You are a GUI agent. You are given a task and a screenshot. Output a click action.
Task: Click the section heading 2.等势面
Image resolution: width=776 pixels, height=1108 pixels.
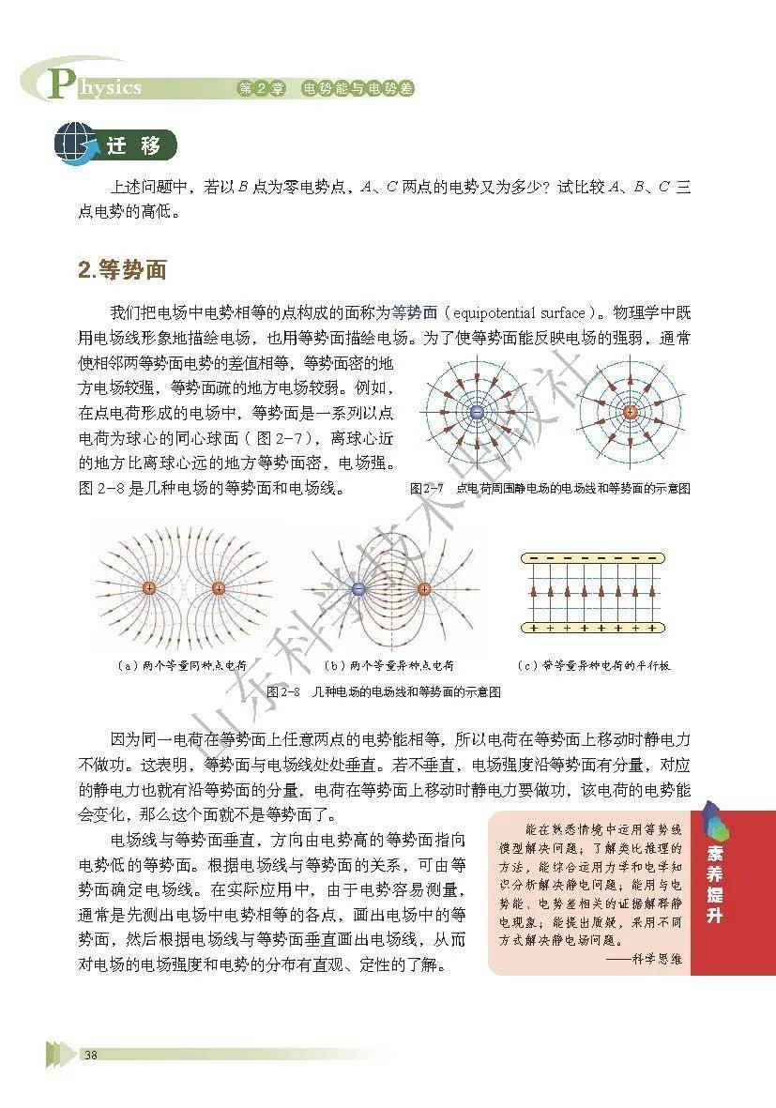pyautogui.click(x=122, y=270)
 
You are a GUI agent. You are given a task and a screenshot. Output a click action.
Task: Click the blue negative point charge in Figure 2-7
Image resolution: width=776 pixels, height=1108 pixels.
pyautogui.click(x=477, y=413)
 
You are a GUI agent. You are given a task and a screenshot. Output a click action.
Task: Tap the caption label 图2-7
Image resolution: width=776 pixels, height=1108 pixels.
pyautogui.click(x=427, y=489)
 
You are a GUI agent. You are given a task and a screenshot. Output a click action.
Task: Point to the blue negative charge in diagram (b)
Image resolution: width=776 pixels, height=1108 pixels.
pyautogui.click(x=358, y=589)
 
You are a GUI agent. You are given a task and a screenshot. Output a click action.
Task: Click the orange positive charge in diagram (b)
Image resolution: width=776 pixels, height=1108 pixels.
pyautogui.click(x=423, y=589)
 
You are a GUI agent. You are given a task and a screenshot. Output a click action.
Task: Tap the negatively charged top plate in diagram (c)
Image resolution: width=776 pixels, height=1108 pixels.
pyautogui.click(x=591, y=559)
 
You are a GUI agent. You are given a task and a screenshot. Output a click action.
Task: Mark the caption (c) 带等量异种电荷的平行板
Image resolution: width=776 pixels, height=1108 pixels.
pyautogui.click(x=593, y=665)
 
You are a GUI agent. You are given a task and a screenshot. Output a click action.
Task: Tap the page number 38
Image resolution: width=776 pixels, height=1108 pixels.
pyautogui.click(x=91, y=1055)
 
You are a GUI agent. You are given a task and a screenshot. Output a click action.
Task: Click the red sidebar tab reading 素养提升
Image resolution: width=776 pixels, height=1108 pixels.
pyautogui.click(x=715, y=891)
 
